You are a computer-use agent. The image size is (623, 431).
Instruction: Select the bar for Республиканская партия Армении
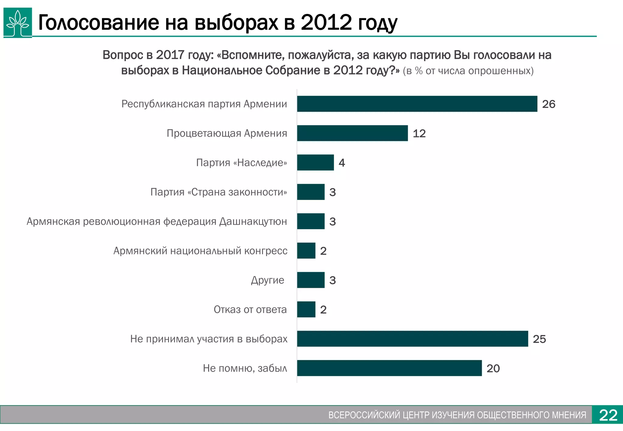click(417, 104)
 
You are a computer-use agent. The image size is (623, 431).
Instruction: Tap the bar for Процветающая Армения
click(352, 133)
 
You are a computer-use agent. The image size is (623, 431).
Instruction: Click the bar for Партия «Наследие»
click(315, 163)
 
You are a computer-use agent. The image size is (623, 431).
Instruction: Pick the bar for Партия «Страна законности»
click(311, 192)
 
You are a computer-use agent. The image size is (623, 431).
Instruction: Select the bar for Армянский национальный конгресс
click(306, 251)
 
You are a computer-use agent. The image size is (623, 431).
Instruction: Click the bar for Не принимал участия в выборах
click(412, 339)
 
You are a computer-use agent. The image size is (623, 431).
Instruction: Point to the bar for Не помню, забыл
click(389, 368)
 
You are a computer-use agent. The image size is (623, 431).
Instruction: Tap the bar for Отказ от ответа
click(306, 309)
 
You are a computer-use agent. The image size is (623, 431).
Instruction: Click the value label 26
click(549, 104)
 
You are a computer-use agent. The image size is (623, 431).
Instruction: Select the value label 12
click(419, 133)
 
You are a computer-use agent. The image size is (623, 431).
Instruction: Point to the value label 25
click(539, 339)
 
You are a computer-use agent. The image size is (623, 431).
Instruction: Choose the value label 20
click(493, 368)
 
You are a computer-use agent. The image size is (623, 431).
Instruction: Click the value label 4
click(342, 163)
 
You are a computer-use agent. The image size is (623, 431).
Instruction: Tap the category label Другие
click(268, 280)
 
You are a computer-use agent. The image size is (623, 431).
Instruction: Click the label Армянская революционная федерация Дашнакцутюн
click(157, 222)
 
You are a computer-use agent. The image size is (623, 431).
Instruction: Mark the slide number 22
click(608, 415)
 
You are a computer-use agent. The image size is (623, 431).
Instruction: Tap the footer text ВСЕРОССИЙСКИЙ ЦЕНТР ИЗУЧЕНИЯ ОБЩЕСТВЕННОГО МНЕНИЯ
click(457, 415)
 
